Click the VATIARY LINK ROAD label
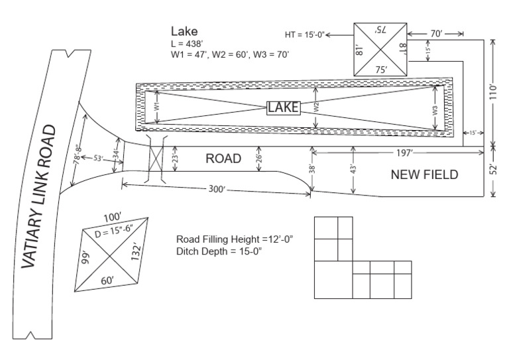pos(46,196)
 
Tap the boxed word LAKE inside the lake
pos(284,107)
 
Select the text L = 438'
pos(190,44)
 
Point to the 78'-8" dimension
pos(79,154)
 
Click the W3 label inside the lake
pos(434,111)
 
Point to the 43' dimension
pos(352,170)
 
